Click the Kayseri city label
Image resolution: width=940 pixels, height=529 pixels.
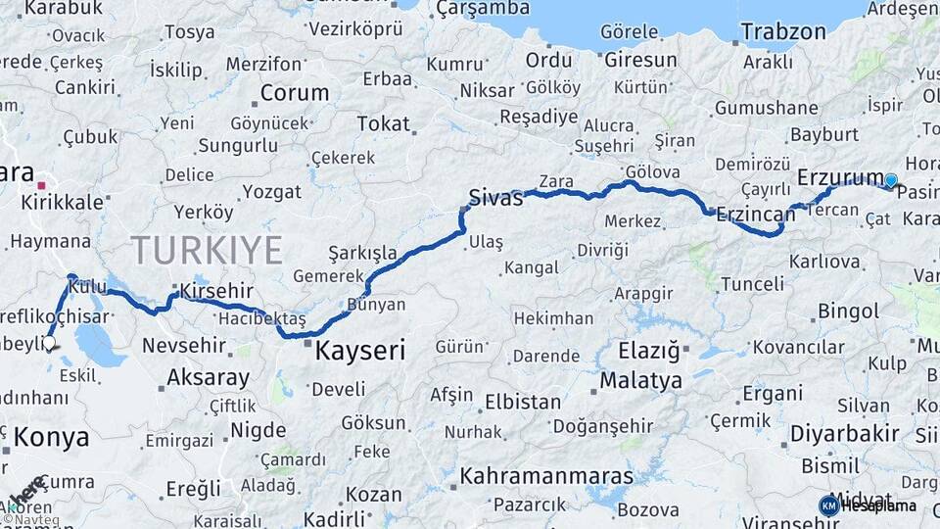pyautogui.click(x=359, y=350)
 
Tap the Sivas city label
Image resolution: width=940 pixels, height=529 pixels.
pyautogui.click(x=494, y=196)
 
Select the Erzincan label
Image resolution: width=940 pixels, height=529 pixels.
pyautogui.click(x=755, y=213)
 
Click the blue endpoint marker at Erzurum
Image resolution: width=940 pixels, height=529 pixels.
pyautogui.click(x=890, y=180)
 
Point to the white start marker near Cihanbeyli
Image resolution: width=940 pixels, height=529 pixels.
pyautogui.click(x=49, y=343)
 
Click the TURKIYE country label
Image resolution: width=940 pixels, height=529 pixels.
pyautogui.click(x=207, y=250)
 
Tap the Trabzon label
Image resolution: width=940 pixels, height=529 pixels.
pyautogui.click(x=782, y=31)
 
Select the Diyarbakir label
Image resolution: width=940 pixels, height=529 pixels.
pyautogui.click(x=830, y=433)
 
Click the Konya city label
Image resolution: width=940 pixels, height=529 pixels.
pyautogui.click(x=51, y=437)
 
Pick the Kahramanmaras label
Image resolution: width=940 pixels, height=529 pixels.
pyautogui.click(x=546, y=476)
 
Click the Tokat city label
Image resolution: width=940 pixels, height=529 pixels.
pyautogui.click(x=383, y=123)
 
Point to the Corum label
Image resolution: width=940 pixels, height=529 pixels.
pyautogui.click(x=294, y=93)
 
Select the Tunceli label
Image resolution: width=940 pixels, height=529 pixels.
pyautogui.click(x=752, y=284)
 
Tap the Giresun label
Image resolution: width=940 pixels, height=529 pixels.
pyautogui.click(x=639, y=60)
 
